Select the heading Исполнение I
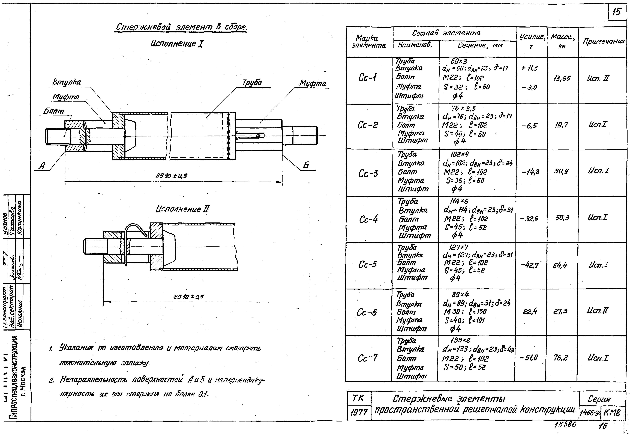pos(177,44)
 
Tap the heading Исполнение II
pos(183,209)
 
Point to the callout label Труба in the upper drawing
pos(252,83)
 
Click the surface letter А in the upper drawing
pos(42,166)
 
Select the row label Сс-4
pos(368,219)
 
